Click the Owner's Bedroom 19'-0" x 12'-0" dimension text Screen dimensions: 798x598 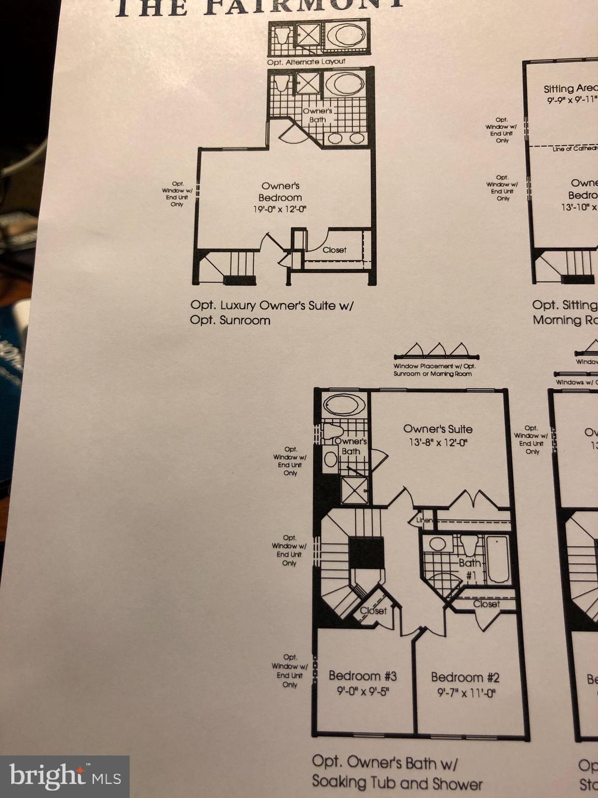(280, 209)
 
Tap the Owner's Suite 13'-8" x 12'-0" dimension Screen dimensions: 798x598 (437, 443)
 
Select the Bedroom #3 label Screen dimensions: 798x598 (362, 676)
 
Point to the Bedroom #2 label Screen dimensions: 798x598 (465, 677)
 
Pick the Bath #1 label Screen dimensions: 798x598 (469, 568)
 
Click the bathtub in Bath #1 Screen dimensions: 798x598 (498, 560)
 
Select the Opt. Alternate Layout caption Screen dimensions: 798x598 (306, 62)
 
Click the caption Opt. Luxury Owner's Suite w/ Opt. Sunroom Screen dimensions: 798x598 (271, 312)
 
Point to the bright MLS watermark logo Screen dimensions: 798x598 (65, 776)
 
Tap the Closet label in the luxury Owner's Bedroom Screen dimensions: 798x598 (334, 250)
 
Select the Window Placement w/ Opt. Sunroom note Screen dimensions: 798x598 (434, 370)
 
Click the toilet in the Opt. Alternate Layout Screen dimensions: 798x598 (281, 35)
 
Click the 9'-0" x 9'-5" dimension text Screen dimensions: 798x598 (362, 691)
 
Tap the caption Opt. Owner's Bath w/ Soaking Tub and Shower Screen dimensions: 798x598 (397, 773)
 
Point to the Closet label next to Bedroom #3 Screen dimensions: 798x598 (374, 611)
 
